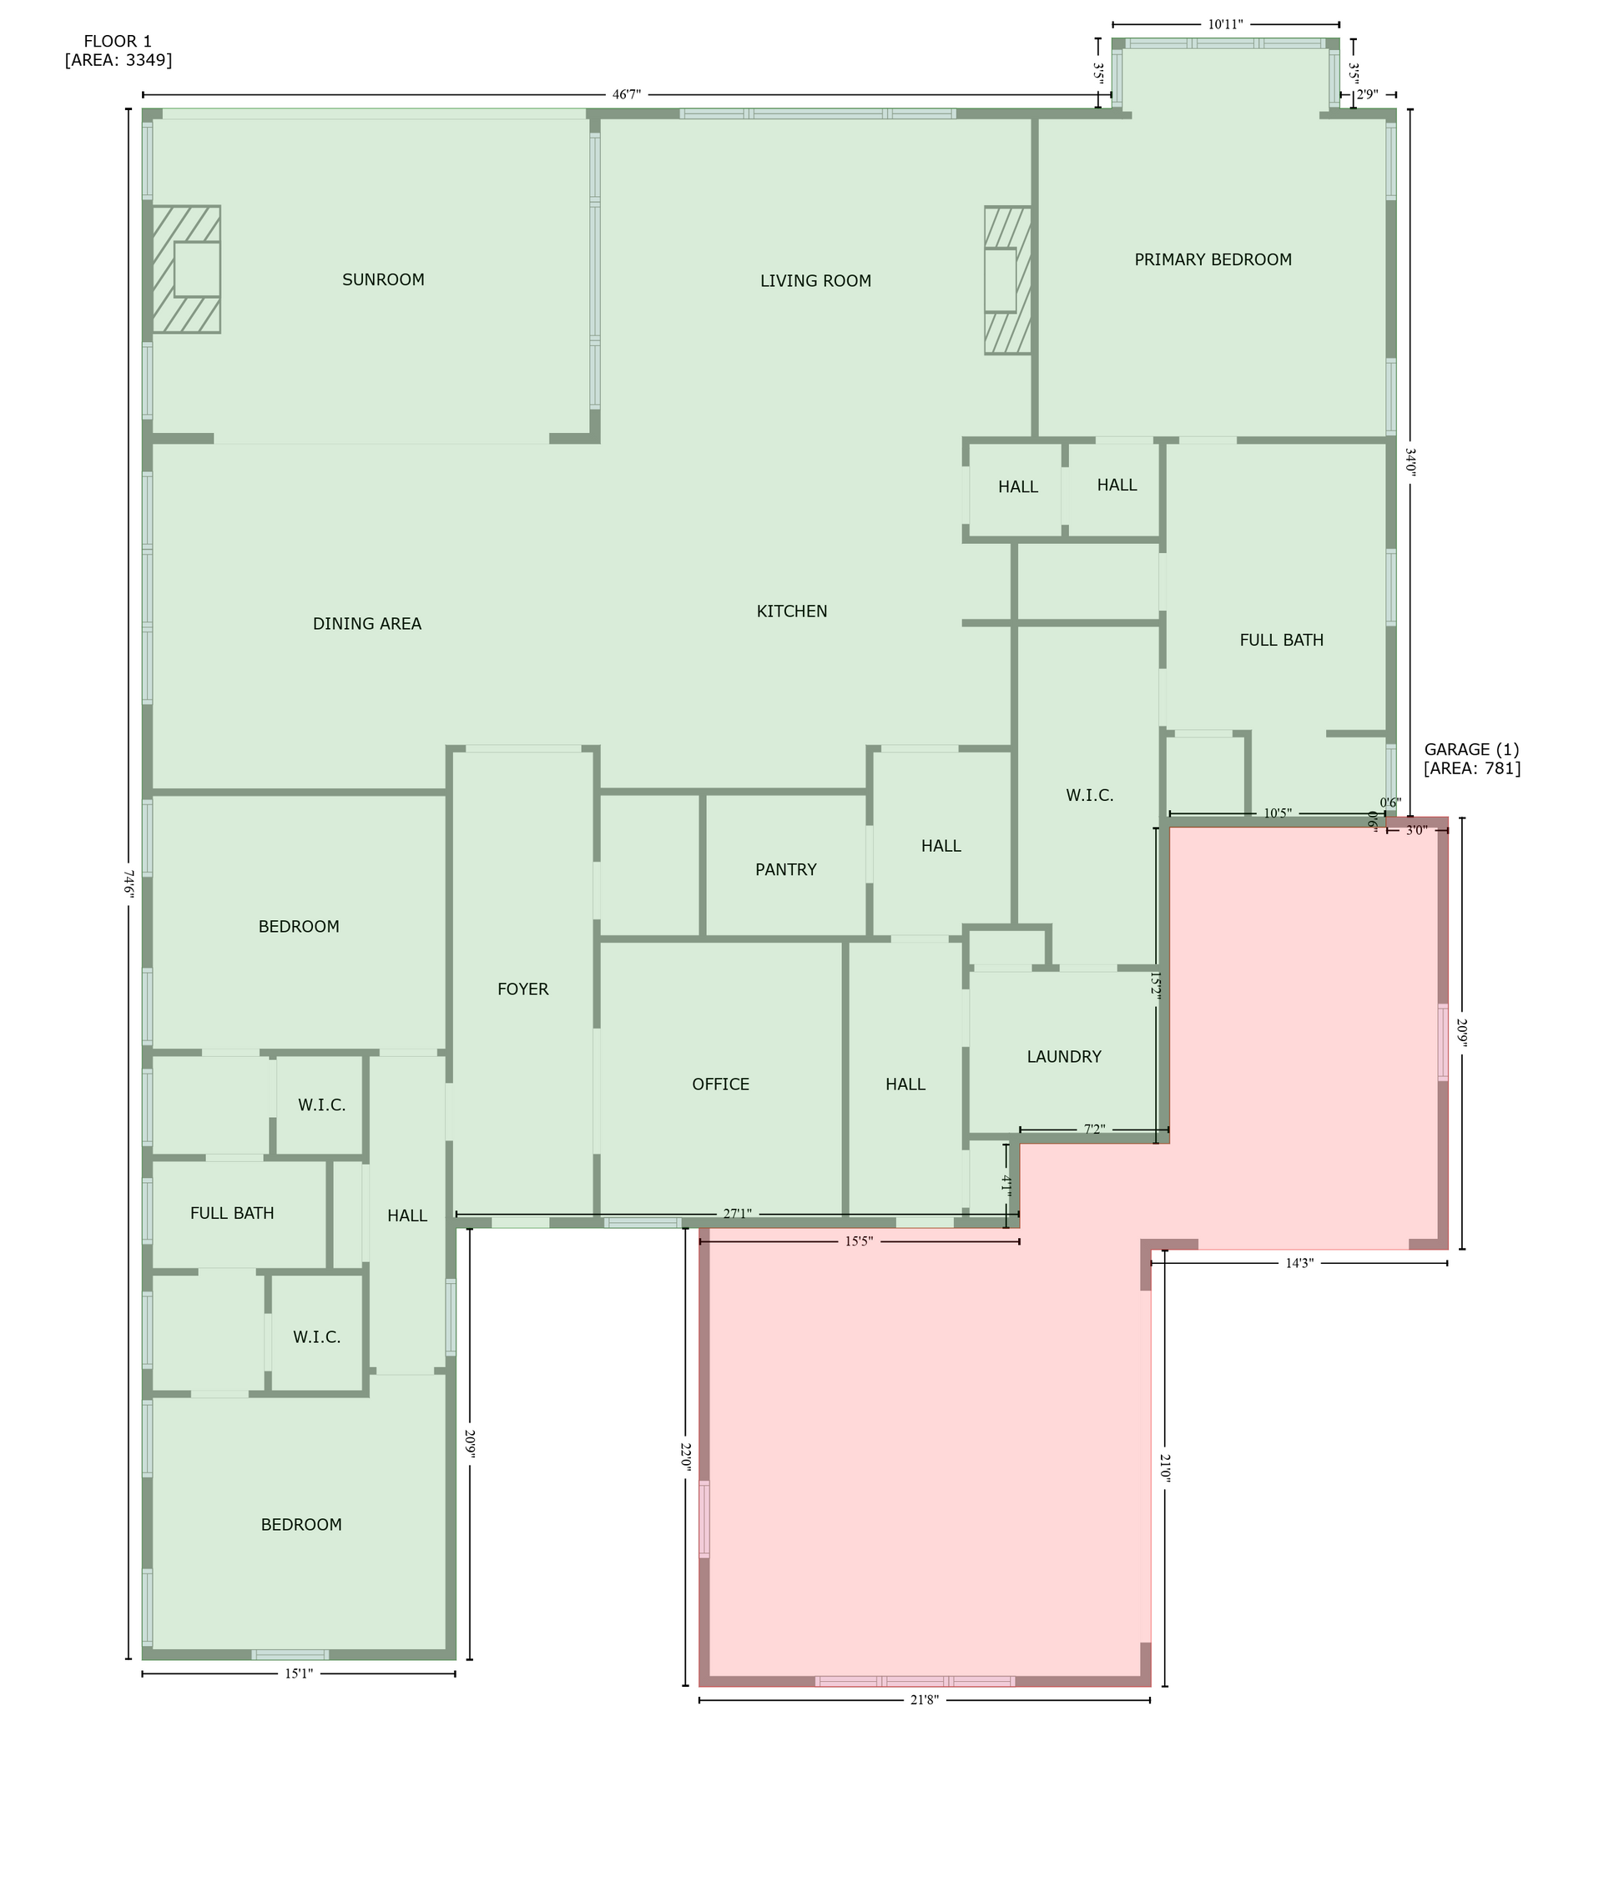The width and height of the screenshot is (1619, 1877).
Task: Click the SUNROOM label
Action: [383, 280]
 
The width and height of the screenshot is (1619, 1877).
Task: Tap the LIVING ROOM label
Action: [815, 281]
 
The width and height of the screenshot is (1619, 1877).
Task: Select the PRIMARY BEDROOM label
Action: [1213, 260]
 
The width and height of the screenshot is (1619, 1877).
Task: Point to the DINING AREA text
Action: [367, 623]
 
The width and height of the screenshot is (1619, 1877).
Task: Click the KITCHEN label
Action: [792, 611]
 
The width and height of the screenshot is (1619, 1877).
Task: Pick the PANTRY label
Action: [785, 869]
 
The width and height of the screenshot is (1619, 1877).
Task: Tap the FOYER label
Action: [522, 989]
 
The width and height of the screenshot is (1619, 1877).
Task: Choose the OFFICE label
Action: [720, 1084]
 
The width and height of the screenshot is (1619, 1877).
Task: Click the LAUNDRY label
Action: [1064, 1056]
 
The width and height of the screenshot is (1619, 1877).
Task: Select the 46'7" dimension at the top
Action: [626, 94]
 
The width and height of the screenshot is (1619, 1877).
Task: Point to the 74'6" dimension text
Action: [129, 884]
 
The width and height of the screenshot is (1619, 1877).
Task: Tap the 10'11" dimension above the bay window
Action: [1225, 24]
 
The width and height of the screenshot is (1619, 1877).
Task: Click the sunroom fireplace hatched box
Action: [186, 269]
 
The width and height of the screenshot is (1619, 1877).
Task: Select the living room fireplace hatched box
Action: [1007, 280]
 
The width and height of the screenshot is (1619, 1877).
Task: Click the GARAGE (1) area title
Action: [1471, 750]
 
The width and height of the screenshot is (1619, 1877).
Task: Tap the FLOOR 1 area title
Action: [118, 42]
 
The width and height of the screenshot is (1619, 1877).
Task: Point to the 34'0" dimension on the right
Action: [1410, 462]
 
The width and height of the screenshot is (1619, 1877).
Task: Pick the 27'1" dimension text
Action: [737, 1214]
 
